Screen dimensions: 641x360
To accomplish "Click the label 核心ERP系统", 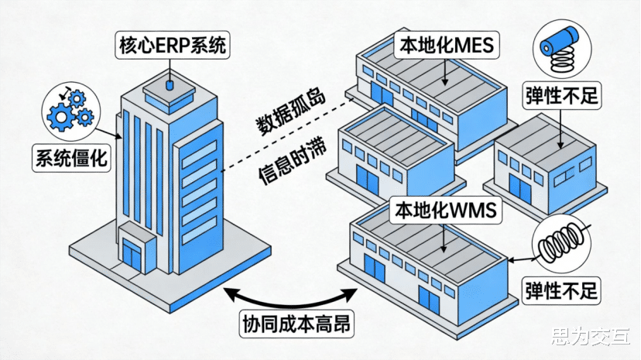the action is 173,45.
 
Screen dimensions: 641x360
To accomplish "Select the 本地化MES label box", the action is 447,45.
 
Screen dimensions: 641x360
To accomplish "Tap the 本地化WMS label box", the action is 445,210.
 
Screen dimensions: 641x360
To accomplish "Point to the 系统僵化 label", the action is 71,158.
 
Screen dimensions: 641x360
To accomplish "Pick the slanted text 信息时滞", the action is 293,163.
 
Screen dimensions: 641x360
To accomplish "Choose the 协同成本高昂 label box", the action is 297,324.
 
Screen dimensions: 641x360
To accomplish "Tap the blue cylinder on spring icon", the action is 562,48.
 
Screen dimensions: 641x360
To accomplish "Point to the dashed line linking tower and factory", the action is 287,135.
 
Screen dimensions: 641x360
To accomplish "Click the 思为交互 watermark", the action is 591,338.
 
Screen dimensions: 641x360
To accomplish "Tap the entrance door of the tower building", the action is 132,255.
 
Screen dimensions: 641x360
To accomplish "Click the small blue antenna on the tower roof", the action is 170,85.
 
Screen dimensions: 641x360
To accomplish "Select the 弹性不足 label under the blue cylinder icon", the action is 562,96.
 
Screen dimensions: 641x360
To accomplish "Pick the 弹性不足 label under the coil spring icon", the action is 562,291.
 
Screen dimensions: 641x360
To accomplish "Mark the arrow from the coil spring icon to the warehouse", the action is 522,259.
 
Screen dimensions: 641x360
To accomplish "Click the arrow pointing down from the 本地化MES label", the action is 444,72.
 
